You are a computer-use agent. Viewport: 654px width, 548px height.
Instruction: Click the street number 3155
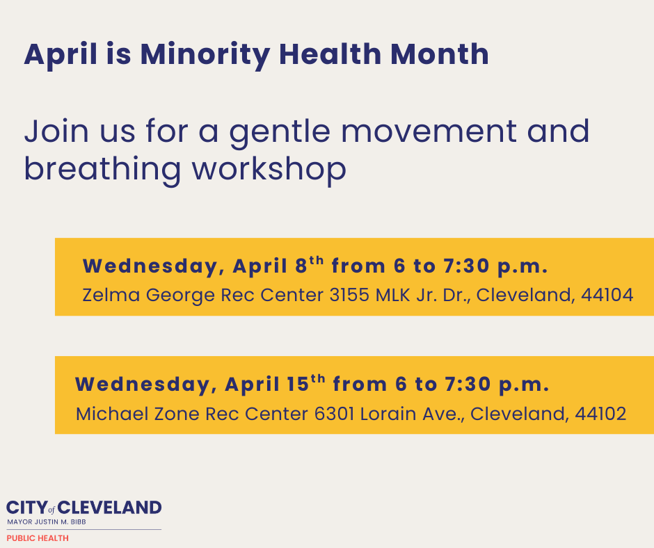[x=349, y=295]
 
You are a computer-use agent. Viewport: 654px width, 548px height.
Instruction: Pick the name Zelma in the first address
[x=111, y=295]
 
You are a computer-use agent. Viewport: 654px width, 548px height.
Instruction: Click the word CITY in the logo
[x=27, y=508]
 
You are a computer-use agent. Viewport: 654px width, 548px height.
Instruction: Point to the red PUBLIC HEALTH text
[x=38, y=538]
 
